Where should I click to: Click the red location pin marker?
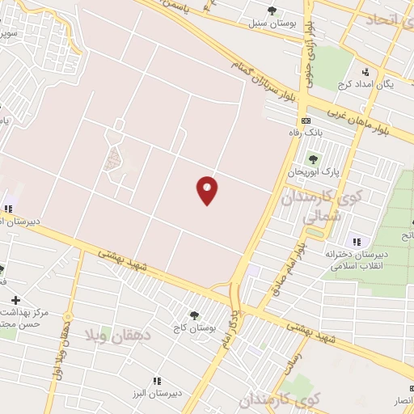tap(207, 189)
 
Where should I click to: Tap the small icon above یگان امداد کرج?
tap(365, 71)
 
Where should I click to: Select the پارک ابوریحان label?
tap(313, 172)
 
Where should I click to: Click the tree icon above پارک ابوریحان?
tap(313, 159)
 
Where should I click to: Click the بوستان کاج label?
tap(193, 327)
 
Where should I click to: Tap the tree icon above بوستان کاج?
tap(192, 315)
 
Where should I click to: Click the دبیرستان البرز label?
tap(155, 393)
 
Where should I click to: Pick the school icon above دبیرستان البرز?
tap(157, 380)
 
